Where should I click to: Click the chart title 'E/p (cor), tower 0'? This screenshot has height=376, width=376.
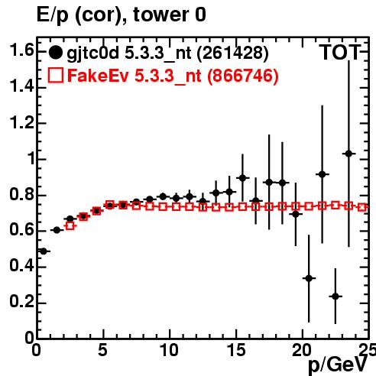click(x=122, y=15)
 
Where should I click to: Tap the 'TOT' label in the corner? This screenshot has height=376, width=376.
click(x=340, y=53)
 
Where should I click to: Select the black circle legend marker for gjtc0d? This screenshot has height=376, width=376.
click(x=55, y=53)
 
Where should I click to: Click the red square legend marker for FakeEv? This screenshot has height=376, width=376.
click(x=56, y=75)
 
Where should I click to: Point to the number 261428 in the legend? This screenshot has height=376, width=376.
click(x=233, y=53)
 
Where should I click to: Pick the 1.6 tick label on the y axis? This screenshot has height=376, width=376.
click(x=21, y=50)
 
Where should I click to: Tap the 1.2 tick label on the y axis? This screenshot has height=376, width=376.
click(x=21, y=123)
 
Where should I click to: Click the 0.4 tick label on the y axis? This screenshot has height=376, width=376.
click(x=21, y=266)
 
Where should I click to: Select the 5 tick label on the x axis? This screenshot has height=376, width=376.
click(x=102, y=350)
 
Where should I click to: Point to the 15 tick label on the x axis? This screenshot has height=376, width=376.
click(x=237, y=350)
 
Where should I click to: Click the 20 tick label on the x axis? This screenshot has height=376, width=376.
click(x=302, y=350)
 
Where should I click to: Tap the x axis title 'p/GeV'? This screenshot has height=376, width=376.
click(x=338, y=366)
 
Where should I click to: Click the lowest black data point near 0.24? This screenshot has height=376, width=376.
click(x=335, y=297)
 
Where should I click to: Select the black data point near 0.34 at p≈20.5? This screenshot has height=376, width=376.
click(x=309, y=278)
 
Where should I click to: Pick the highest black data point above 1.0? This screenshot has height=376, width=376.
click(x=348, y=154)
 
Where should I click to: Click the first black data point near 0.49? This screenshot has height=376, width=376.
click(x=44, y=251)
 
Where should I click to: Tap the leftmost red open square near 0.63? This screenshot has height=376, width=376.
click(x=70, y=225)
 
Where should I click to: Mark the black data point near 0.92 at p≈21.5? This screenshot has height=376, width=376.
click(x=323, y=174)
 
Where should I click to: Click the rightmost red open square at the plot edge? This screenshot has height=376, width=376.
click(x=362, y=207)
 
